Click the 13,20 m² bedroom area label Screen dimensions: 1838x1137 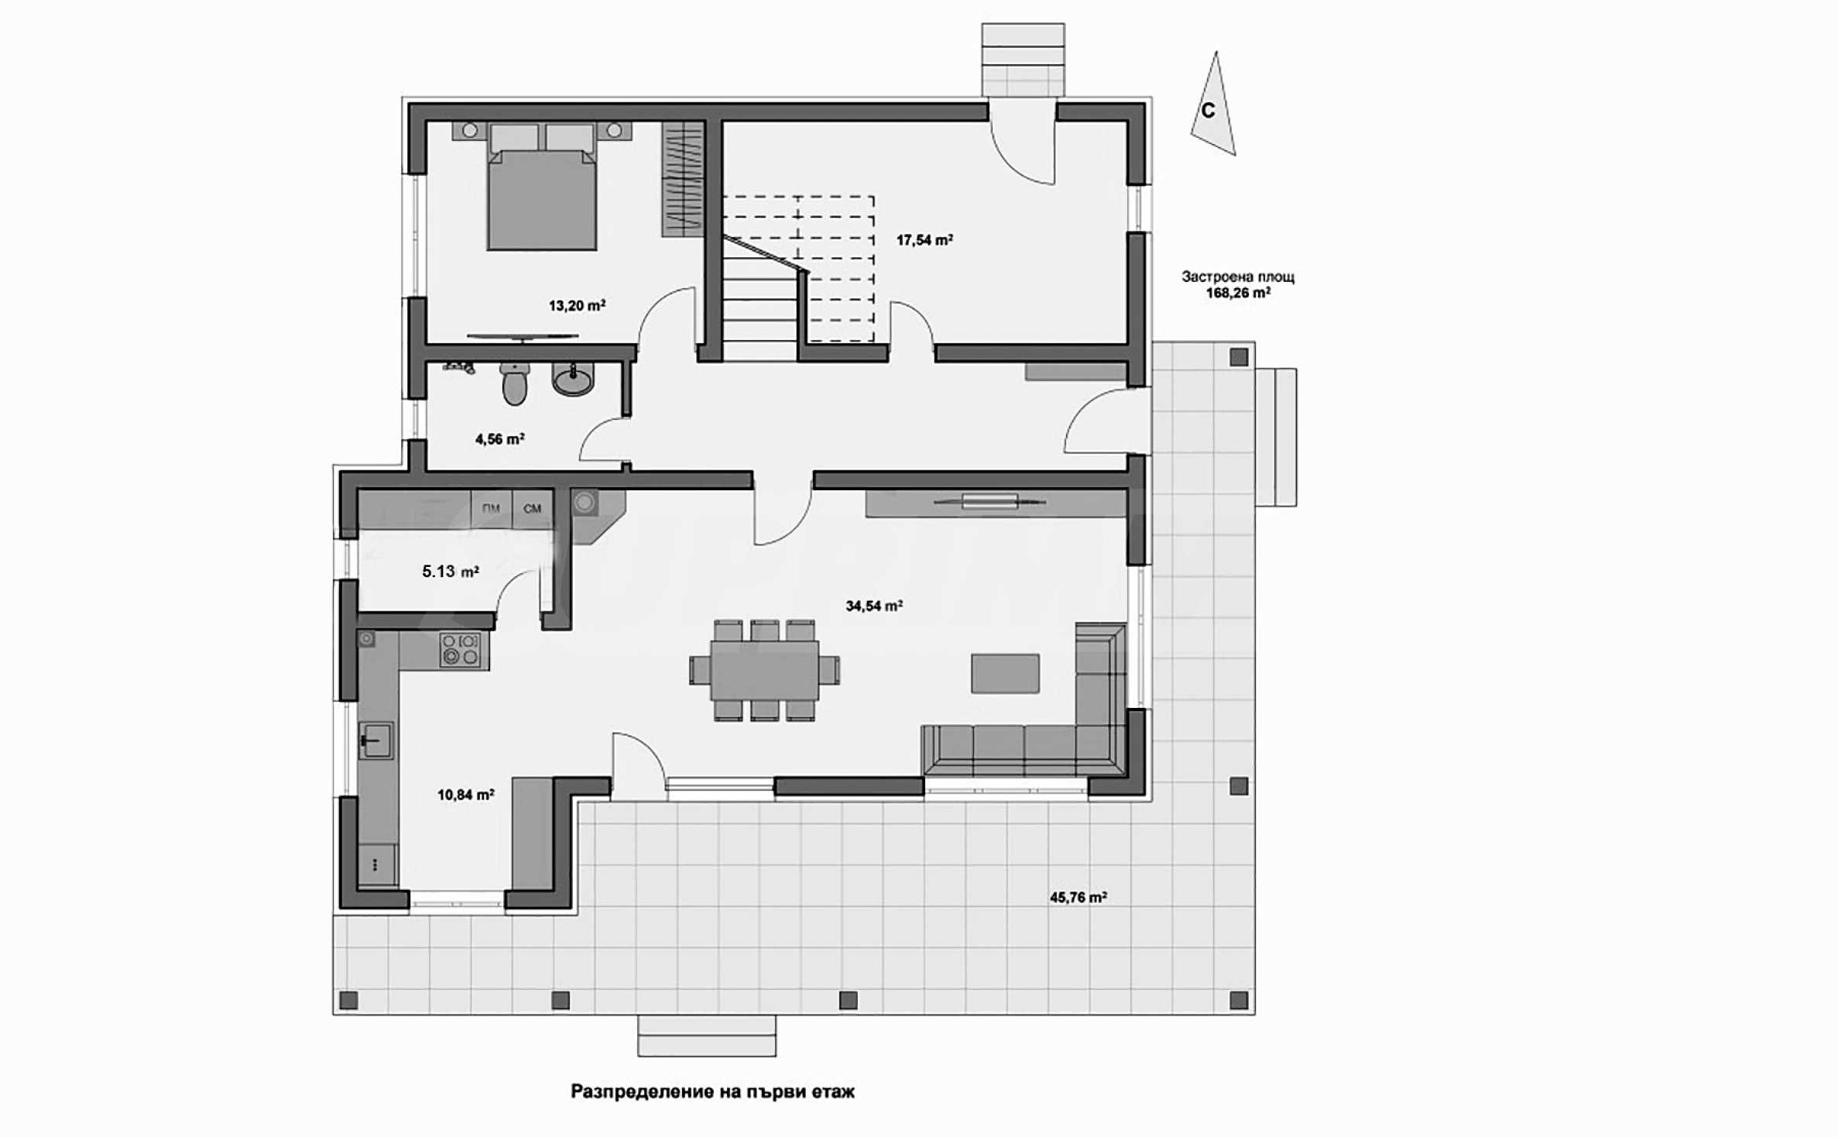coord(577,306)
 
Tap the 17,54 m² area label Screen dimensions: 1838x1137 coord(924,240)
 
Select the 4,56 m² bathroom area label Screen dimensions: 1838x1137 coord(499,439)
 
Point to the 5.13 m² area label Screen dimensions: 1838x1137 coord(450,572)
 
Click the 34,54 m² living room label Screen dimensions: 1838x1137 coord(874,606)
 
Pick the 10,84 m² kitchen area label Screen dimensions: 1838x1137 coord(465,795)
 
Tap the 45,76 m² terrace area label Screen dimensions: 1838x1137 coord(1078,898)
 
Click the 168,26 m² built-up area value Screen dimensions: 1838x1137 coord(1238,293)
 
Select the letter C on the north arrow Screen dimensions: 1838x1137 coord(1208,111)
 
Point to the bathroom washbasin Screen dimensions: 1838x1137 coord(574,380)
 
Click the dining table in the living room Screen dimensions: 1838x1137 coord(765,670)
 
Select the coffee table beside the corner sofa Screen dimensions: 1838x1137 coord(1006,673)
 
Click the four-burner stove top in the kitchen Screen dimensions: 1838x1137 coord(461,650)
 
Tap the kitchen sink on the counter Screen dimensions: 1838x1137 coord(375,740)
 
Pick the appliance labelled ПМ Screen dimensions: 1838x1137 coord(491,509)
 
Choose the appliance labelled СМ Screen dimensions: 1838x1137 coord(533,509)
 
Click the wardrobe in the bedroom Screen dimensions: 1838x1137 coord(682,179)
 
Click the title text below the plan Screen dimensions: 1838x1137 coord(712,1092)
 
